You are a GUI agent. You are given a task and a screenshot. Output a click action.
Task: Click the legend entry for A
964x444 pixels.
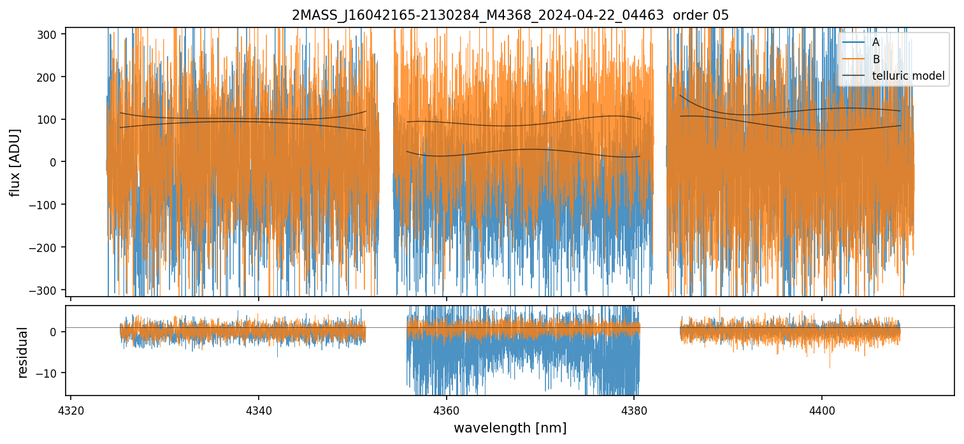(875, 42)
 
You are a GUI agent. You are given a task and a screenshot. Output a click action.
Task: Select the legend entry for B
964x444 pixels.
(876, 59)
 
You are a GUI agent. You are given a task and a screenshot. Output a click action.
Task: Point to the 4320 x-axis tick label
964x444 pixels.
(71, 408)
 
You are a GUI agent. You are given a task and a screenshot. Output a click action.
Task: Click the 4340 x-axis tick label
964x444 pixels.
(258, 408)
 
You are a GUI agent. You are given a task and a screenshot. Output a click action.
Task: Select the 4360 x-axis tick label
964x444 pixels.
(446, 408)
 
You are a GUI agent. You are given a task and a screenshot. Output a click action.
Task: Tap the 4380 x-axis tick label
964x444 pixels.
(634, 408)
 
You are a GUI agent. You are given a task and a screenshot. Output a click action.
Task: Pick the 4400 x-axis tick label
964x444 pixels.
(821, 408)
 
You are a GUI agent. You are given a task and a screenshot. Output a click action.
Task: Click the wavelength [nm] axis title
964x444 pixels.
(510, 427)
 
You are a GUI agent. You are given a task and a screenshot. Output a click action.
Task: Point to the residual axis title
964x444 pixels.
(23, 352)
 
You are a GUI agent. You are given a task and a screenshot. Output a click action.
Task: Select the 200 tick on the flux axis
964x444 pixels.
(50, 77)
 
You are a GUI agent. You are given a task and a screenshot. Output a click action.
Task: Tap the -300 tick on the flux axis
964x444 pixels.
(48, 290)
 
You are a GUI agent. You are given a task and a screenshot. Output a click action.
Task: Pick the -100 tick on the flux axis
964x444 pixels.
(48, 205)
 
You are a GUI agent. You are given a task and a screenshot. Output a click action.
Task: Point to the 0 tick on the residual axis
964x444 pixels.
(57, 332)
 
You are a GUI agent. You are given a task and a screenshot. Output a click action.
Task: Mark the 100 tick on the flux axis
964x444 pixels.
(50, 119)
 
